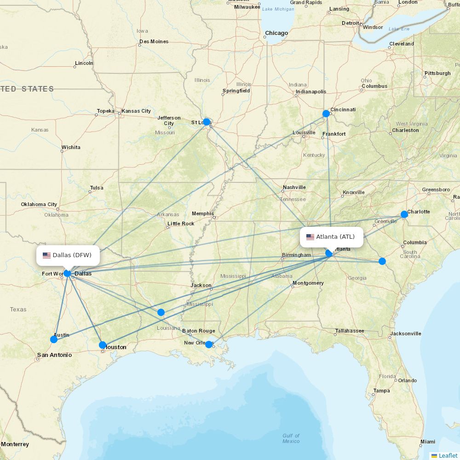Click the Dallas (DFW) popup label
tap(68, 255)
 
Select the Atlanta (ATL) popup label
tap(331, 237)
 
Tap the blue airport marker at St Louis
tap(207, 122)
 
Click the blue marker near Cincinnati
tap(326, 114)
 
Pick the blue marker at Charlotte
tap(404, 214)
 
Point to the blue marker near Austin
tap(54, 339)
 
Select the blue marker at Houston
tap(103, 345)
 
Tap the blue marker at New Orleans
tap(208, 345)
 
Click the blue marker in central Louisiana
tap(161, 312)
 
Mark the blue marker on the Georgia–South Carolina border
tap(382, 261)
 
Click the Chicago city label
tap(276, 33)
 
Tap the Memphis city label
tap(203, 213)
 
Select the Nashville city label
tap(294, 187)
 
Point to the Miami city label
tap(428, 442)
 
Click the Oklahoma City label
tap(39, 204)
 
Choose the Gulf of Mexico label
tap(291, 438)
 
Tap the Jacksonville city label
tap(406, 333)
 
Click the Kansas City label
tap(136, 111)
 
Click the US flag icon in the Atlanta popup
tap(310, 237)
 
